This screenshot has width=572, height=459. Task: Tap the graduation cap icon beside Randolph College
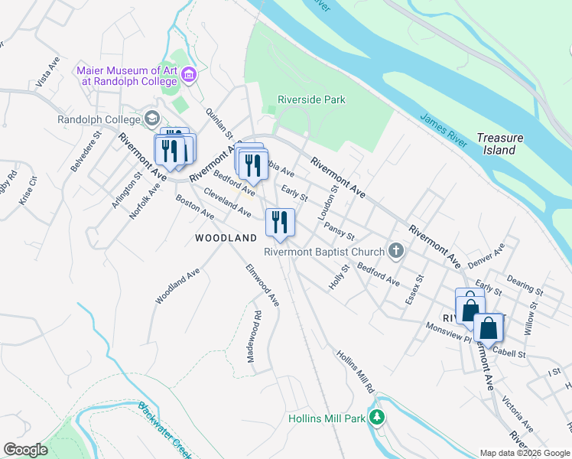(x=153, y=119)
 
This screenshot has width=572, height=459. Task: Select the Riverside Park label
(x=311, y=99)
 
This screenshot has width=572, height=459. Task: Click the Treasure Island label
(x=500, y=144)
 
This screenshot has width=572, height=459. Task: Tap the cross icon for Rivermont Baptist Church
(x=396, y=250)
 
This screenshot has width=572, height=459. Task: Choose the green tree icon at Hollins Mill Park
(x=376, y=417)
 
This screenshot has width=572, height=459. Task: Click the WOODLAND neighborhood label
(x=226, y=238)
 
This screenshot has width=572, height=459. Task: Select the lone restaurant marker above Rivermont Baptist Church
(x=280, y=223)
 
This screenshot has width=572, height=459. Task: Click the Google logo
(x=25, y=449)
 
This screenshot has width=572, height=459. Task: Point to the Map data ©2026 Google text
(x=525, y=453)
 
